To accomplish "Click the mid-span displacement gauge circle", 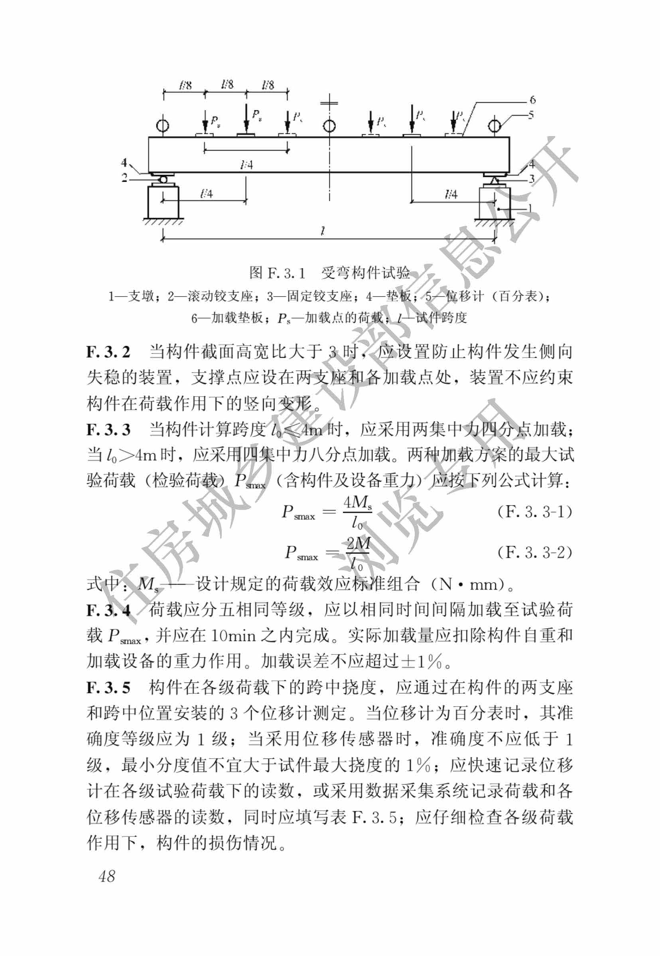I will pyautogui.click(x=329, y=125).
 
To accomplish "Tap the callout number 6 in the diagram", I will pyautogui.click(x=533, y=100).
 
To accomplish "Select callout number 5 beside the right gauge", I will pyautogui.click(x=531, y=114).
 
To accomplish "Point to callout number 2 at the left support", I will pyautogui.click(x=124, y=178).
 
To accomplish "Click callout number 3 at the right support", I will pyautogui.click(x=532, y=179).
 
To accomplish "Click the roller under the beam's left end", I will pyautogui.click(x=163, y=180).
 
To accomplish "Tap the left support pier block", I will pyautogui.click(x=163, y=202).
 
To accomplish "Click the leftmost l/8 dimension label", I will pyautogui.click(x=185, y=86).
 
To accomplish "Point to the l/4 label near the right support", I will pyautogui.click(x=451, y=194).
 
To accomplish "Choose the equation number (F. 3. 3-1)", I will pyautogui.click(x=534, y=512).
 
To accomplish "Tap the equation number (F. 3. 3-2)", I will pyautogui.click(x=534, y=552).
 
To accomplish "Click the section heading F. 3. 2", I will pyautogui.click(x=108, y=352).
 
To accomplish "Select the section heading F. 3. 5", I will pyautogui.click(x=108, y=688).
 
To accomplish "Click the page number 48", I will pyautogui.click(x=107, y=876).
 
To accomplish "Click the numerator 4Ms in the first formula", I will pyautogui.click(x=358, y=502).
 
